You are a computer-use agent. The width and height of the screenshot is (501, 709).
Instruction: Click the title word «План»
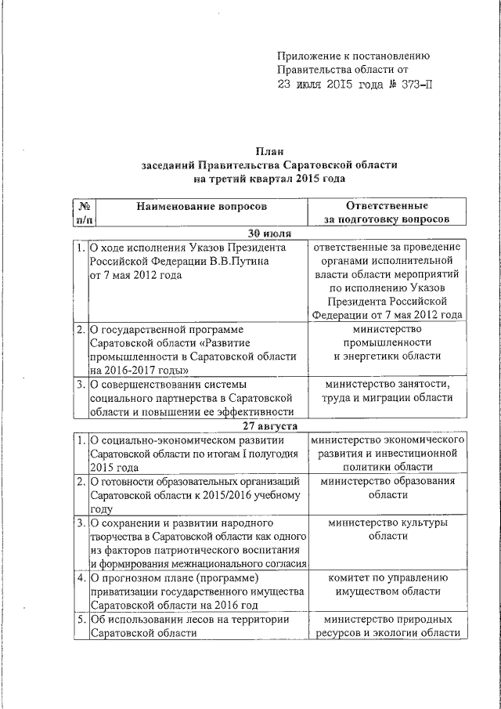click(269, 151)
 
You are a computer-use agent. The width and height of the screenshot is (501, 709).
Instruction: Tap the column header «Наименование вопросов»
click(201, 206)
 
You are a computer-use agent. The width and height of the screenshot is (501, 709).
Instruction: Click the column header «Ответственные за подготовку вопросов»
click(387, 213)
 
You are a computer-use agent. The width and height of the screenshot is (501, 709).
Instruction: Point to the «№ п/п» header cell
click(81, 213)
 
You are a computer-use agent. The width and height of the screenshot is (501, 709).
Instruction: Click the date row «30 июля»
click(269, 233)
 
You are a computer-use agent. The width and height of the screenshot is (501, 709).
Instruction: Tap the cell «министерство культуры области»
click(387, 529)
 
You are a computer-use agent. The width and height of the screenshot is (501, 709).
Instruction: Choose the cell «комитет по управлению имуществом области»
click(387, 586)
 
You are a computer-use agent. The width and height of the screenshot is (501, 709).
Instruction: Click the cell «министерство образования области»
click(387, 487)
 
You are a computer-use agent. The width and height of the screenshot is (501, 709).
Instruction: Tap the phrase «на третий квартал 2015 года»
click(269, 179)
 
